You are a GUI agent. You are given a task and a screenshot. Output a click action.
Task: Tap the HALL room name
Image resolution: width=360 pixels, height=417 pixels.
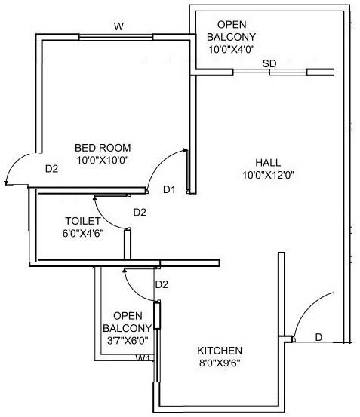point(268,162)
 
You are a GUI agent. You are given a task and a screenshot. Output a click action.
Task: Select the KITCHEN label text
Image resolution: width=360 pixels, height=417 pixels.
point(220,351)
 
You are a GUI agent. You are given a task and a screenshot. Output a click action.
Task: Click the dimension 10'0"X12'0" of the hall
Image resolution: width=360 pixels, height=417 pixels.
point(267,175)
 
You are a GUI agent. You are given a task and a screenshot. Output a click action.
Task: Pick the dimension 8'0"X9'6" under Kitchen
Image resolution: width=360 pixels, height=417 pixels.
point(220,363)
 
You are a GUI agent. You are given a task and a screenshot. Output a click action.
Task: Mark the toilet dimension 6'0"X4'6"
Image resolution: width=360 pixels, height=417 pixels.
point(82,233)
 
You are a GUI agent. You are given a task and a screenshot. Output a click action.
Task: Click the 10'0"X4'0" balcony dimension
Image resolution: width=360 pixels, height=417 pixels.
point(232,50)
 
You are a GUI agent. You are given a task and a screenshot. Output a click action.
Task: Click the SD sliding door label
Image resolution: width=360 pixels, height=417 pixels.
point(269,64)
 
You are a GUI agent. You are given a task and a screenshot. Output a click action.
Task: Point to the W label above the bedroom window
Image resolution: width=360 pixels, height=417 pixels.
point(118,27)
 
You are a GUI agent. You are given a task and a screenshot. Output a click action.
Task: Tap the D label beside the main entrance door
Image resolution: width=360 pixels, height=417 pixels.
point(318,337)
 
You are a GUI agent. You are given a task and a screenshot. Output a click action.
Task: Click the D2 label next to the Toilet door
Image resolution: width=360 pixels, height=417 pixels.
point(140,213)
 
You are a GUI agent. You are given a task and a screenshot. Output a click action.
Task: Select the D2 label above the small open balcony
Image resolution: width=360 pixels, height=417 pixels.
point(161,284)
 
